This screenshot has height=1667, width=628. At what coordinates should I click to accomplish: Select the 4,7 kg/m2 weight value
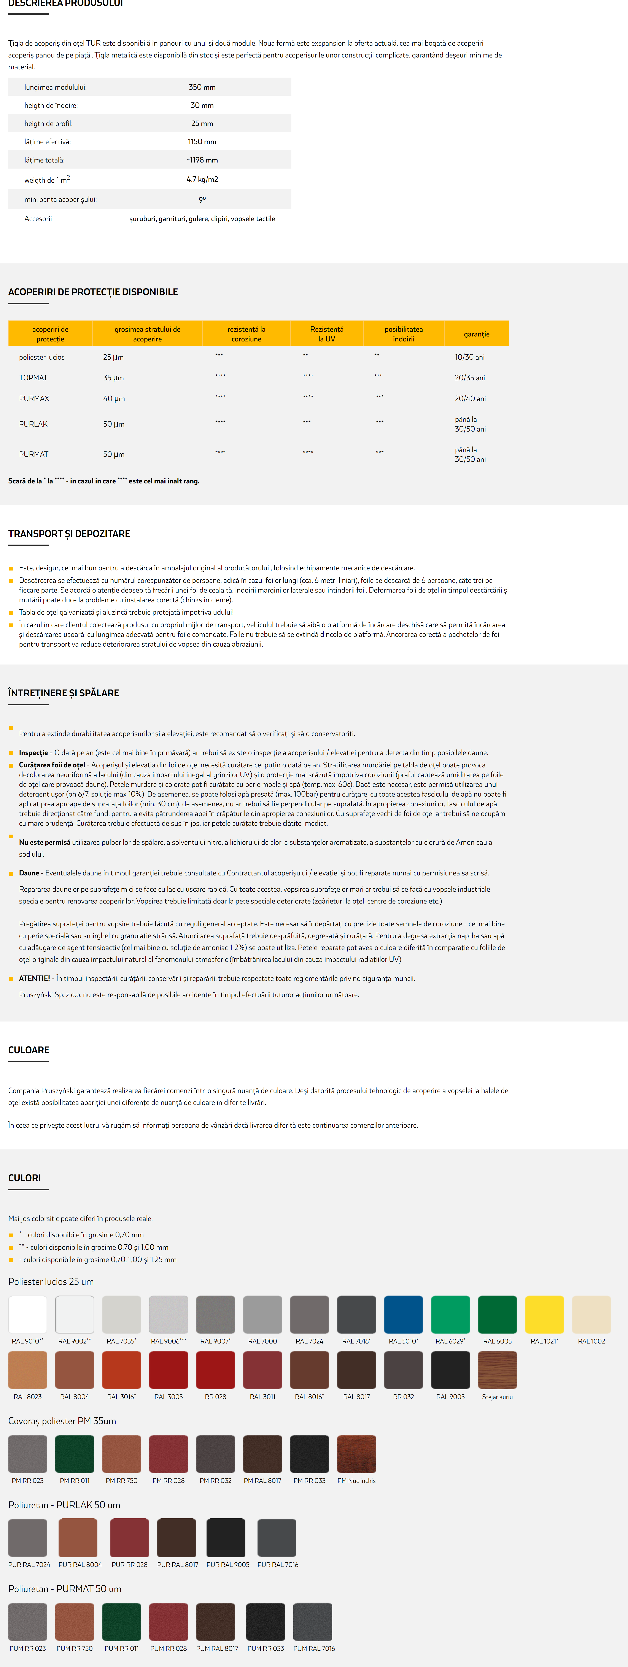pos(202,179)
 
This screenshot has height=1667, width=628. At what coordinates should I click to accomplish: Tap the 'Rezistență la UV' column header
pos(327,334)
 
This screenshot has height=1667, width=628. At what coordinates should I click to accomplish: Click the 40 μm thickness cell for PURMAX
pos(114,399)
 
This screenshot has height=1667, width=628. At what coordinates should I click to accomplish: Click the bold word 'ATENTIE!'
pos(34,979)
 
